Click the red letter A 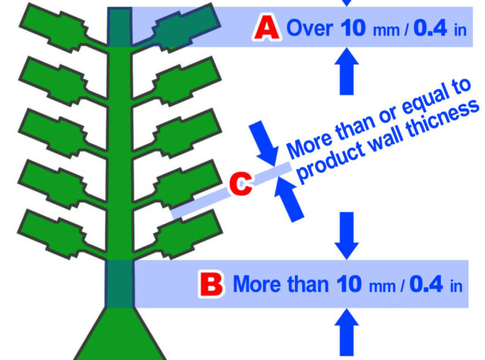[x=268, y=28]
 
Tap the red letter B [x=211, y=284]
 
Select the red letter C [x=241, y=183]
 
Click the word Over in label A [x=310, y=28]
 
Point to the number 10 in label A [x=353, y=28]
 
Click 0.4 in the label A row [x=430, y=28]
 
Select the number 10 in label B [x=349, y=284]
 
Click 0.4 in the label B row [x=426, y=284]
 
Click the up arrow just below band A [x=347, y=71]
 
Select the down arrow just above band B [x=347, y=236]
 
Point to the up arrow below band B [x=347, y=332]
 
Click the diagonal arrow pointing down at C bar [x=264, y=143]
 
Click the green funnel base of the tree [x=120, y=334]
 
